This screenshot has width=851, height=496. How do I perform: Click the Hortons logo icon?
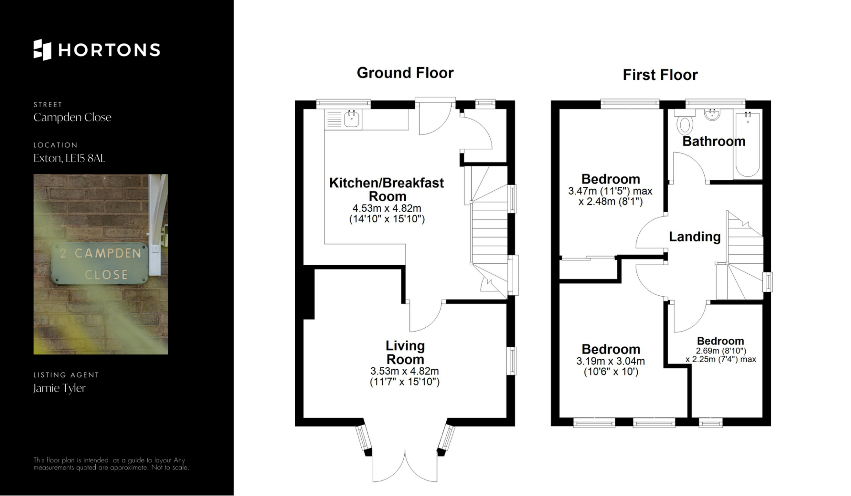point(43,50)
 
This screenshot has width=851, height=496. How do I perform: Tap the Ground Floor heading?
point(405,73)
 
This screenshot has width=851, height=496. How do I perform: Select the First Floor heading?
point(660,74)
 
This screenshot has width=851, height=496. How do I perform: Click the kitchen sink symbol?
point(352,119)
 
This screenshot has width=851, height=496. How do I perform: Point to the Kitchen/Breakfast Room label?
point(386,189)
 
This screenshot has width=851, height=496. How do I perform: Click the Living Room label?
point(405,352)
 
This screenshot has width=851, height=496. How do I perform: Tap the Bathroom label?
point(714,141)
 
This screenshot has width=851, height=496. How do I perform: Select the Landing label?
point(695,236)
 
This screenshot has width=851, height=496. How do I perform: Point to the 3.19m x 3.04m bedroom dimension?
point(611,361)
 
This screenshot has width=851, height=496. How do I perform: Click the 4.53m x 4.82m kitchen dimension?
point(386,208)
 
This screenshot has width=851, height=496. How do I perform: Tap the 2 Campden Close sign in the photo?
point(100,263)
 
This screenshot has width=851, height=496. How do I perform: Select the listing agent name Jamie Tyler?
point(59,388)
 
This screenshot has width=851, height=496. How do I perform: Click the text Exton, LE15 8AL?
point(69,158)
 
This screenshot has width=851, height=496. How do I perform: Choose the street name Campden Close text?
point(72,117)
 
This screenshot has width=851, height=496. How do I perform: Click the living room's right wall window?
point(512,361)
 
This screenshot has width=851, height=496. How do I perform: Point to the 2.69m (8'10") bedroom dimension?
point(721,351)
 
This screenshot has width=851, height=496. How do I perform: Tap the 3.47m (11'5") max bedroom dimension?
point(610,191)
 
